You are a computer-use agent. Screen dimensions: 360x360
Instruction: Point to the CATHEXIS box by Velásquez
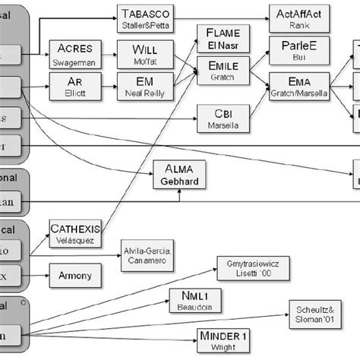click(74, 231)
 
